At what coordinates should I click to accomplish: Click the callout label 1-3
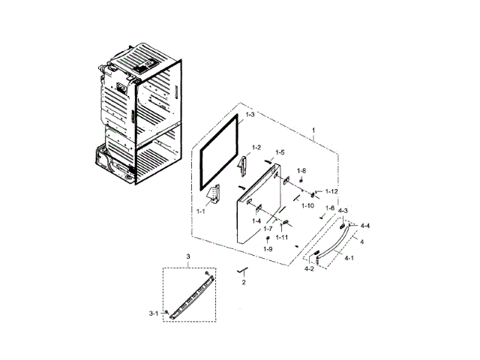coord(250,115)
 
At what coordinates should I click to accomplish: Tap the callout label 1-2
coord(256,147)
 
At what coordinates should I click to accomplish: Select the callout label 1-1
coord(202,212)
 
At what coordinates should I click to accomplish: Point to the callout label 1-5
coord(279,152)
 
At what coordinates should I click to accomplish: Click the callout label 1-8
coord(301,171)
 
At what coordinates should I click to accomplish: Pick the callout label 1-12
coord(331,191)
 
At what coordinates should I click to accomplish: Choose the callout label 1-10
coord(307,205)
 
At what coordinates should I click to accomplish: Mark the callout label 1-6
coord(330,208)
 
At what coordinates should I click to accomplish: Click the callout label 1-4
coord(256,220)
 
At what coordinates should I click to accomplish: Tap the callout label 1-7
coord(268,228)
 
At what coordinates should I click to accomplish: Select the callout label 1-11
coord(282,237)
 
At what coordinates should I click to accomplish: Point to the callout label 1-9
coord(268,248)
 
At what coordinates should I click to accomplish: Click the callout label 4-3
coord(343,211)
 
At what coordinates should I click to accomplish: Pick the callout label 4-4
coord(364,226)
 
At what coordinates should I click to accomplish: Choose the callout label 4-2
coord(309,268)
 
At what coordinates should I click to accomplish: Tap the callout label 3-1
coord(153,313)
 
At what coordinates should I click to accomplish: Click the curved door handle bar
coord(331,241)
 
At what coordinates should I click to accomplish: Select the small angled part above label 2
coord(241,269)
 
